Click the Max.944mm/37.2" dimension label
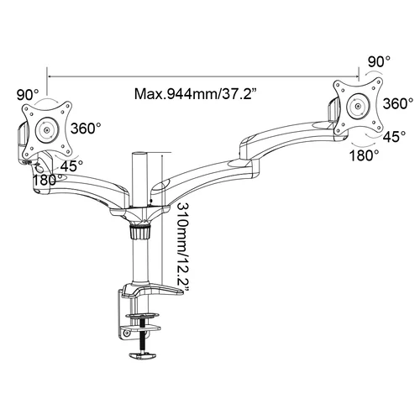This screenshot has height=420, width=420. (196, 94)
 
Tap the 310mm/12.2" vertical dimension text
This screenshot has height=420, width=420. (182, 247)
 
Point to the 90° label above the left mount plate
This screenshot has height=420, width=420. (28, 95)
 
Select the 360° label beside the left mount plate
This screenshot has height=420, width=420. (86, 129)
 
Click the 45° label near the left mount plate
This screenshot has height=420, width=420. (71, 166)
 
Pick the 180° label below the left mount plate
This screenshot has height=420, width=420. (47, 180)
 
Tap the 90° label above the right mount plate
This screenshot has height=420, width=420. (379, 61)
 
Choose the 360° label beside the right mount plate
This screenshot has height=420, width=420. (398, 103)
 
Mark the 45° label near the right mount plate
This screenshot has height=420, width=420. (394, 136)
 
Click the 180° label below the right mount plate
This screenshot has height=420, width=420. (364, 155)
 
